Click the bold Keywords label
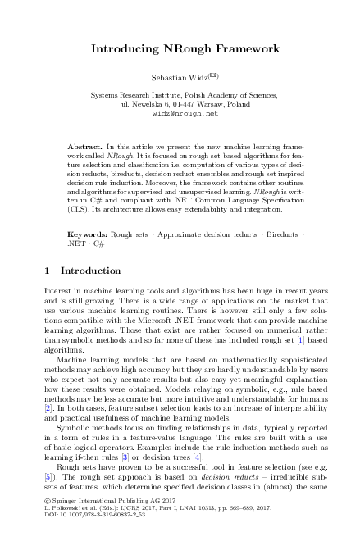pos(87,234)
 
